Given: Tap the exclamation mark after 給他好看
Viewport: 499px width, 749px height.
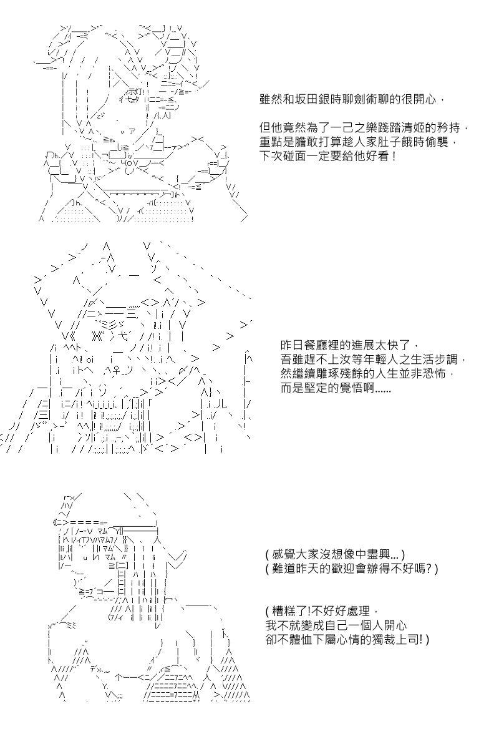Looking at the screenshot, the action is [x=395, y=156].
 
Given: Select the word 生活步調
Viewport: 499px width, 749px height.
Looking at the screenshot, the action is [x=434, y=360].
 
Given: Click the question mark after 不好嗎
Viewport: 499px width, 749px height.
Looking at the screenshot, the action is [x=430, y=569].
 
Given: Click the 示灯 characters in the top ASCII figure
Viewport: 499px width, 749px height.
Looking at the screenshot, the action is [x=135, y=91].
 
